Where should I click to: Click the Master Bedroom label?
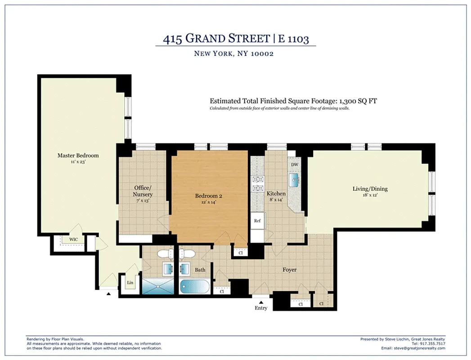(x=78, y=156)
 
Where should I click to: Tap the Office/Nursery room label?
(x=143, y=191)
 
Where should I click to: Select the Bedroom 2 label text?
(x=208, y=196)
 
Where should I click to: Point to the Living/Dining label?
(x=370, y=189)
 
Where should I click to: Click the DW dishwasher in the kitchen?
(x=295, y=165)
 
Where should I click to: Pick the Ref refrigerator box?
(x=257, y=221)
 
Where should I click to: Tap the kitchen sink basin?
(x=295, y=181)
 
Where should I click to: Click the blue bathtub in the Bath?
(x=194, y=286)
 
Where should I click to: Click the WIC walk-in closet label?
(x=73, y=239)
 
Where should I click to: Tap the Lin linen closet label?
(x=130, y=283)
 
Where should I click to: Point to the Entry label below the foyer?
(x=261, y=308)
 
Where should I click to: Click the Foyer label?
(x=289, y=270)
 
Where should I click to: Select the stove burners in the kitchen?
(x=258, y=184)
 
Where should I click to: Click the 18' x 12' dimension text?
(x=370, y=195)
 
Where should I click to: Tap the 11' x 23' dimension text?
(x=78, y=162)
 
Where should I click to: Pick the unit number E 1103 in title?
(x=293, y=40)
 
